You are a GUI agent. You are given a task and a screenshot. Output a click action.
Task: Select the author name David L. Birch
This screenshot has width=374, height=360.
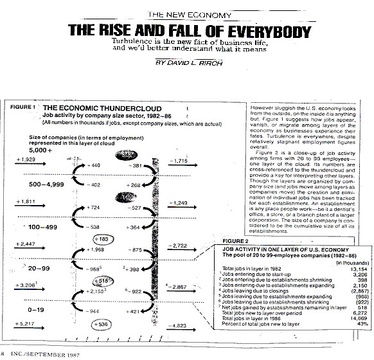point(186,64)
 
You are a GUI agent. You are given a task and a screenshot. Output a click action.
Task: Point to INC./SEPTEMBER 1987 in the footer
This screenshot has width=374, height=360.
point(39,354)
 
